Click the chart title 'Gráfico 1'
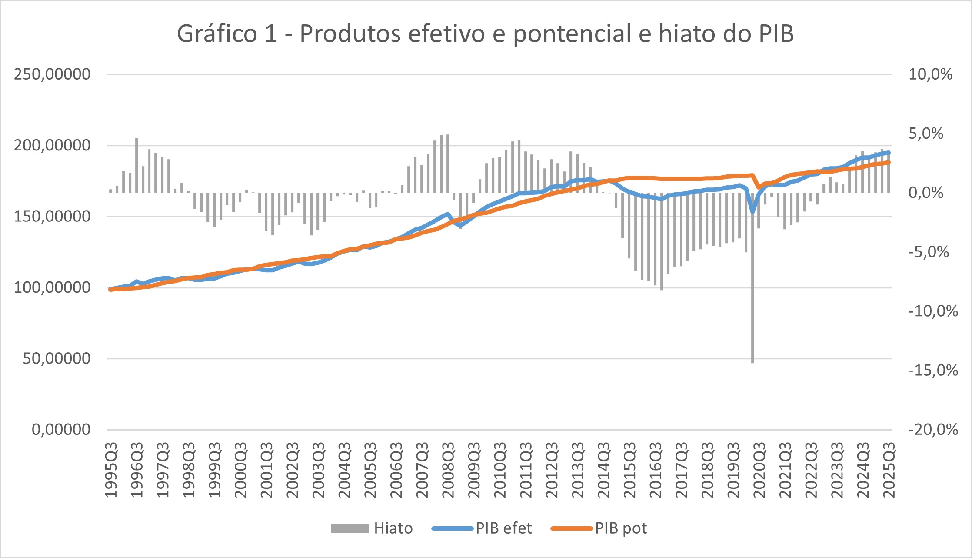[x=227, y=34]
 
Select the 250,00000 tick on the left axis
[x=52, y=74]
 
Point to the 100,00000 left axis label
[x=52, y=287]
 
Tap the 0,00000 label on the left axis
[x=61, y=430]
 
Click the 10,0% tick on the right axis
[x=930, y=74]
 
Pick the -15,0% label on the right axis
[x=933, y=371]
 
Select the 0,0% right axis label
[x=926, y=193]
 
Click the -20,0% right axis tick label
[x=933, y=430]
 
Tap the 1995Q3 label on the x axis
[x=111, y=470]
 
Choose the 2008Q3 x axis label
[x=448, y=470]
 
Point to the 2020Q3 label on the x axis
[x=759, y=470]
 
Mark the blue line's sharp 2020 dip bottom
[x=753, y=211]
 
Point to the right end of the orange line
[x=889, y=162]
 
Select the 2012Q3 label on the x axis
[x=552, y=470]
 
